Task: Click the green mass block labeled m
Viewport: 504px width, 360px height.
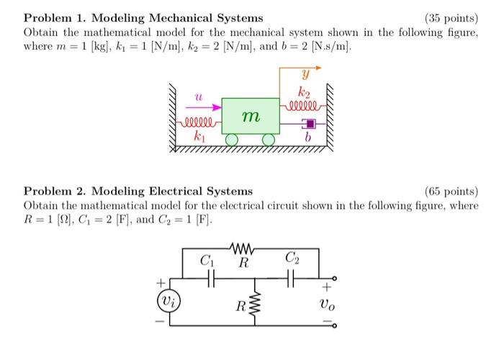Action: (x=250, y=116)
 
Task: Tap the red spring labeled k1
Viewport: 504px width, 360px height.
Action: (x=201, y=122)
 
